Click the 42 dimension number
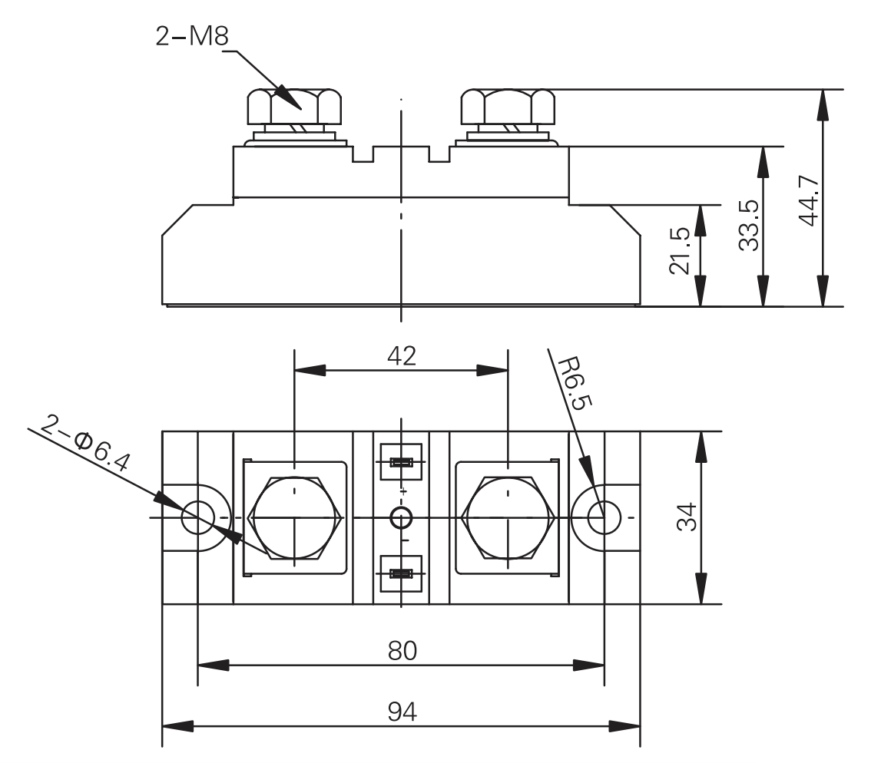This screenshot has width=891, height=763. (400, 356)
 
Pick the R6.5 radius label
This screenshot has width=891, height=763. (572, 384)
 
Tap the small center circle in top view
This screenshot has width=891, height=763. (400, 518)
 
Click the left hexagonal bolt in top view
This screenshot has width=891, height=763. (294, 517)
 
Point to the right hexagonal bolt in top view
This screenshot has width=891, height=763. (507, 517)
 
